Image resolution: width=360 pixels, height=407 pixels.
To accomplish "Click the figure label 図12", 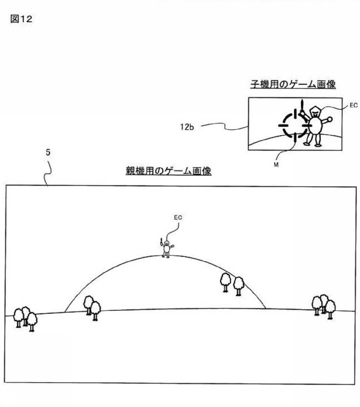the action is pyautogui.click(x=21, y=19).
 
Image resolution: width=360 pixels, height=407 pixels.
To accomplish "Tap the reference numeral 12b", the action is pyautogui.click(x=187, y=127).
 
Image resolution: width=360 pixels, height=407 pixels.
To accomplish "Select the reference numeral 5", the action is pyautogui.click(x=48, y=152).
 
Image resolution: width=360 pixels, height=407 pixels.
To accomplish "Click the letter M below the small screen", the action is pyautogui.click(x=276, y=165).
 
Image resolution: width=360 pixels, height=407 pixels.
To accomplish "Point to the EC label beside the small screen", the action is pyautogui.click(x=354, y=105).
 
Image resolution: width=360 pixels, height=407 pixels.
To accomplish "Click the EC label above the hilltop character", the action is pyautogui.click(x=178, y=217).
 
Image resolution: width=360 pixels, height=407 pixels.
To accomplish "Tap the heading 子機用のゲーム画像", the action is pyautogui.click(x=293, y=84).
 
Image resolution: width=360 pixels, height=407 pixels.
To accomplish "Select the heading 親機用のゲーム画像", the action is pyautogui.click(x=168, y=171).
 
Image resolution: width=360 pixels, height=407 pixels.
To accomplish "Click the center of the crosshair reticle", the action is pyautogui.click(x=295, y=125).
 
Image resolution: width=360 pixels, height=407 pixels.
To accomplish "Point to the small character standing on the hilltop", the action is pyautogui.click(x=167, y=248).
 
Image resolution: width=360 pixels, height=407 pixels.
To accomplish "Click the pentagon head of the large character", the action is pyautogui.click(x=315, y=112).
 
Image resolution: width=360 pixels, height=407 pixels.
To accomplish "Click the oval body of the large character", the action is pyautogui.click(x=315, y=125).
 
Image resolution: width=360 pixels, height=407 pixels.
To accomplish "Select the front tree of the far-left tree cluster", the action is pyautogui.click(x=32, y=322).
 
